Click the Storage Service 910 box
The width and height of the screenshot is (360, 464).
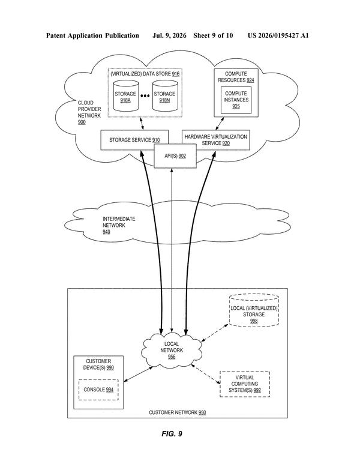[x=134, y=140]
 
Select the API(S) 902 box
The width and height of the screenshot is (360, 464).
[x=175, y=156]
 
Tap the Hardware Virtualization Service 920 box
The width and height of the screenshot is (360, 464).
[x=215, y=140]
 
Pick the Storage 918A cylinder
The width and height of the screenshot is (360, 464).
[x=125, y=96]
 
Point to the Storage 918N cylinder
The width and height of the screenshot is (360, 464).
[x=165, y=96]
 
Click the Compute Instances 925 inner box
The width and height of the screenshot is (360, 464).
[x=236, y=100]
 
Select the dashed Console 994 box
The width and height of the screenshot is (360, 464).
[x=98, y=390]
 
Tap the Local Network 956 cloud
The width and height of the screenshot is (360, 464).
[x=172, y=350]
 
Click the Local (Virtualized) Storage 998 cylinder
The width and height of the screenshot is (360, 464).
[x=254, y=310]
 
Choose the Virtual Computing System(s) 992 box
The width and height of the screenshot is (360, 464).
[x=245, y=384]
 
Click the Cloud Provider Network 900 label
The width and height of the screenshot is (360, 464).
[x=89, y=112]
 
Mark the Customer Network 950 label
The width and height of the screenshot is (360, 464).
[x=178, y=412]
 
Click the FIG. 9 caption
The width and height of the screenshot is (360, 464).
[x=172, y=434]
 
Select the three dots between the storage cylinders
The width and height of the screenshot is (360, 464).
[x=145, y=95]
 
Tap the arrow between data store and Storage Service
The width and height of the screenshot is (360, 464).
[x=142, y=124]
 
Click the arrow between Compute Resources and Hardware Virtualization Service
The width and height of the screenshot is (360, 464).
[x=220, y=124]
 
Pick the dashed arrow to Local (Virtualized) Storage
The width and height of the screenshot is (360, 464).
[x=215, y=333]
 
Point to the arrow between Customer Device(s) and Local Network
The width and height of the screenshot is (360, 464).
[x=138, y=374]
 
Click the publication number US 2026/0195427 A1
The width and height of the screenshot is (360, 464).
[x=278, y=35]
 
